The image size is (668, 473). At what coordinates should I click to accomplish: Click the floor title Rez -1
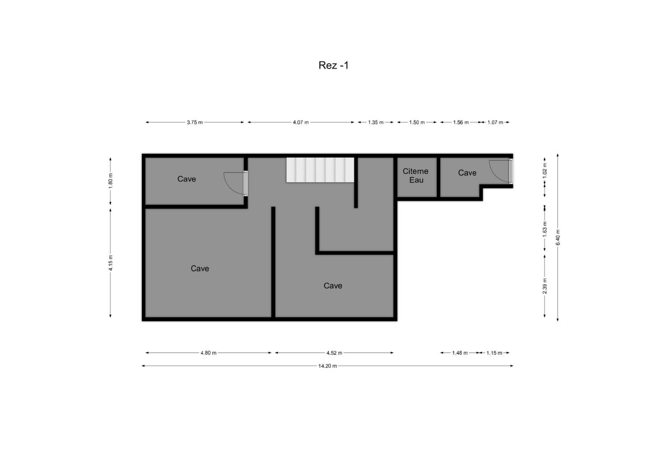[333, 66]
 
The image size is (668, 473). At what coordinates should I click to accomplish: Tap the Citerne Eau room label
[416, 175]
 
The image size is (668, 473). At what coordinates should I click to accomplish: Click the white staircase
[320, 170]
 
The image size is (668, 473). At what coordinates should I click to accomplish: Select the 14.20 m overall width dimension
[327, 366]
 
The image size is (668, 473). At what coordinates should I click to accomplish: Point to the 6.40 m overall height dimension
[558, 237]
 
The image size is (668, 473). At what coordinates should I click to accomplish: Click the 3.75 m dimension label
[195, 122]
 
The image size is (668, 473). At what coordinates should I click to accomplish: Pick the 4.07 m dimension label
[301, 122]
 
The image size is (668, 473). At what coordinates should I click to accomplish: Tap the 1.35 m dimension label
[375, 122]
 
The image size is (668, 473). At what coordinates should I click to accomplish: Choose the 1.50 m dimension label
[417, 122]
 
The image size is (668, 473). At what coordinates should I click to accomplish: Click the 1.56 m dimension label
[461, 122]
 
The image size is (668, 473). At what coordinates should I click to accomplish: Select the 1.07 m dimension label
[495, 122]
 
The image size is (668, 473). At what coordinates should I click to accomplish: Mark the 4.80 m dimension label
[208, 353]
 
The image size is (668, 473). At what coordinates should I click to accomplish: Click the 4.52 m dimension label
[334, 353]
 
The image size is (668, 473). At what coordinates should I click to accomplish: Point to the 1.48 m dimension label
[460, 353]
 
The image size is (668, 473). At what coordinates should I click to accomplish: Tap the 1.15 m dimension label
[494, 353]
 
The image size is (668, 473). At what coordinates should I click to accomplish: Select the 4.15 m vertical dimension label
[111, 263]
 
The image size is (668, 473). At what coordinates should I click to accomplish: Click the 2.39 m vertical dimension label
[545, 286]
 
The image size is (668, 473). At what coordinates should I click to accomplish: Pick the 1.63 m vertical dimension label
[545, 229]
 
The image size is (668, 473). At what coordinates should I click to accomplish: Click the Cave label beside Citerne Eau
[467, 173]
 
